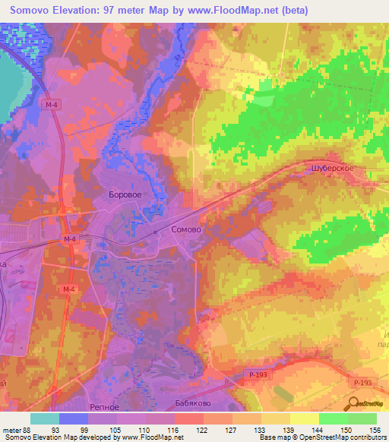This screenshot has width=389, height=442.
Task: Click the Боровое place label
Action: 126,194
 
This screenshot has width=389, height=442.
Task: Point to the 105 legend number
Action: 118,430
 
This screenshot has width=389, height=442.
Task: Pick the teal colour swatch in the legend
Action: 45,418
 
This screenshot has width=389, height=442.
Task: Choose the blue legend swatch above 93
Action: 74,418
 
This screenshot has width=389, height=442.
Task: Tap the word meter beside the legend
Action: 11,430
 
